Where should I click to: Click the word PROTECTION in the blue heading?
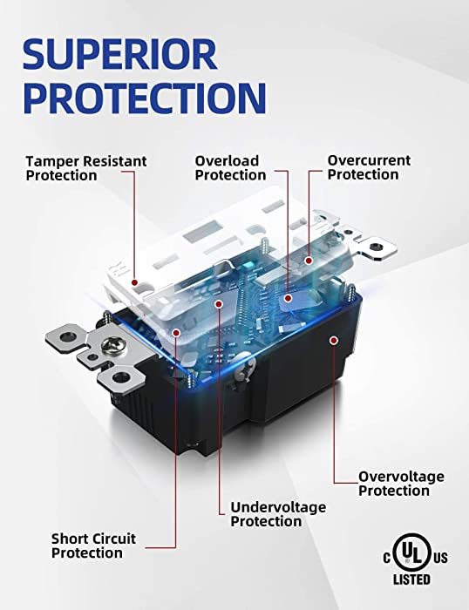145,98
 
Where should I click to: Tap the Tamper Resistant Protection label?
86,168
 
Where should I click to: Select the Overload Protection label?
230,167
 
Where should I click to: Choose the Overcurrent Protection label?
369,167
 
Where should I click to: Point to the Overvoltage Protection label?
401,483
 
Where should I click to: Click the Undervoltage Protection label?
278,514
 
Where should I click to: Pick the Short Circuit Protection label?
93,546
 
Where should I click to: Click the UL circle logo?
411,552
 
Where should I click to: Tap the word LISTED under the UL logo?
411,579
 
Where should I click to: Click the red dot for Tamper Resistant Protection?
134,282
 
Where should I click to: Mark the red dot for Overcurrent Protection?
309,261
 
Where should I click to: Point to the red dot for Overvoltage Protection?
334,341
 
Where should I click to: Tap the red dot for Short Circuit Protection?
176,333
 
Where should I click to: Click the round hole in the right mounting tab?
375,247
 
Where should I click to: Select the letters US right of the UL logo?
440,559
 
